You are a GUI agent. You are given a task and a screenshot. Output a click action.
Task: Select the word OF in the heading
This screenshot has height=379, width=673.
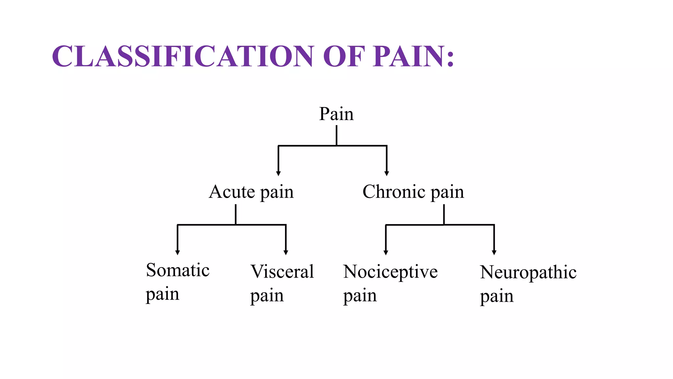pyautogui.click(x=344, y=56)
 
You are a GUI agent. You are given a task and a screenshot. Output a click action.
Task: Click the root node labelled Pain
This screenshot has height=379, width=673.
pyautogui.click(x=336, y=114)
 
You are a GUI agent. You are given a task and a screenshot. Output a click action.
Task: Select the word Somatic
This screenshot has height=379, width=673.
pyautogui.click(x=178, y=270)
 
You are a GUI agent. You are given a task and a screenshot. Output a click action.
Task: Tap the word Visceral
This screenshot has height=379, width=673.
pyautogui.click(x=282, y=272)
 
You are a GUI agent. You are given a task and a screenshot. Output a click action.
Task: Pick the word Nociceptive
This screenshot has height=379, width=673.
pyautogui.click(x=390, y=272)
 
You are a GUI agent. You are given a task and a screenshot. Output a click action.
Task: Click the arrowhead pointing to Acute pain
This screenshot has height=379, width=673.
pyautogui.click(x=278, y=173)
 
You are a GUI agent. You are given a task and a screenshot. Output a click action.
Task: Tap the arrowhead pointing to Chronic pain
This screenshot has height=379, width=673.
pyautogui.click(x=387, y=173)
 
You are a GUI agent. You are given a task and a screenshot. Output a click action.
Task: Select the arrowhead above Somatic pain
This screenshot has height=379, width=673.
pyautogui.click(x=177, y=253)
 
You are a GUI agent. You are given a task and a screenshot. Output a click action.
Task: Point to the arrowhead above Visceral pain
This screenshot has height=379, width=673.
pyautogui.click(x=286, y=253)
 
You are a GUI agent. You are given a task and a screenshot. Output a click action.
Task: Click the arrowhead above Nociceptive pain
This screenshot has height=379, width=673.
pyautogui.click(x=386, y=253)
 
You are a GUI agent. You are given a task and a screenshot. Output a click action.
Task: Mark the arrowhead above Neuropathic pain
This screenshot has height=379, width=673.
pyautogui.click(x=494, y=253)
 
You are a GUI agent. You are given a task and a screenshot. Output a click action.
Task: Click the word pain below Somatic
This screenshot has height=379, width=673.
pyautogui.click(x=162, y=294)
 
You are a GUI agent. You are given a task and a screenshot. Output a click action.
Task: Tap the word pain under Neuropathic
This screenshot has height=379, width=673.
pyautogui.click(x=497, y=296)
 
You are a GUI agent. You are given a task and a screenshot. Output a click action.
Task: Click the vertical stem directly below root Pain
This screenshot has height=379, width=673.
pyautogui.click(x=336, y=135)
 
